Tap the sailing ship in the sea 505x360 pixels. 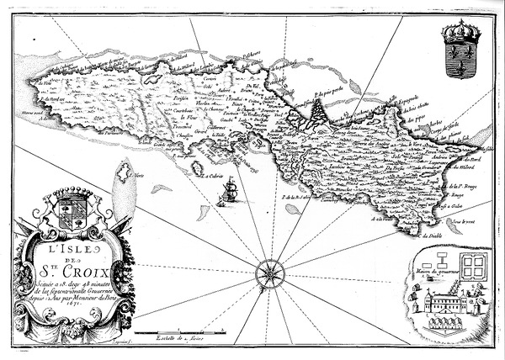226,194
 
